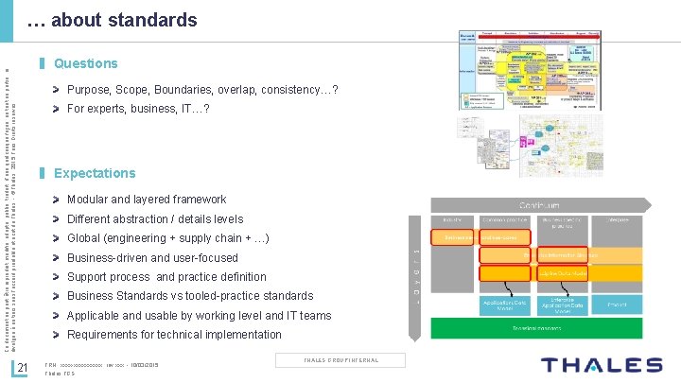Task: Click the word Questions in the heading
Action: pyautogui.click(x=86, y=64)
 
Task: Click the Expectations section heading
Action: pyautogui.click(x=95, y=174)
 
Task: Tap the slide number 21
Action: pyautogui.click(x=26, y=368)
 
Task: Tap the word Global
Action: pyautogui.click(x=86, y=238)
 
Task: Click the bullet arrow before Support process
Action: pyautogui.click(x=59, y=277)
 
